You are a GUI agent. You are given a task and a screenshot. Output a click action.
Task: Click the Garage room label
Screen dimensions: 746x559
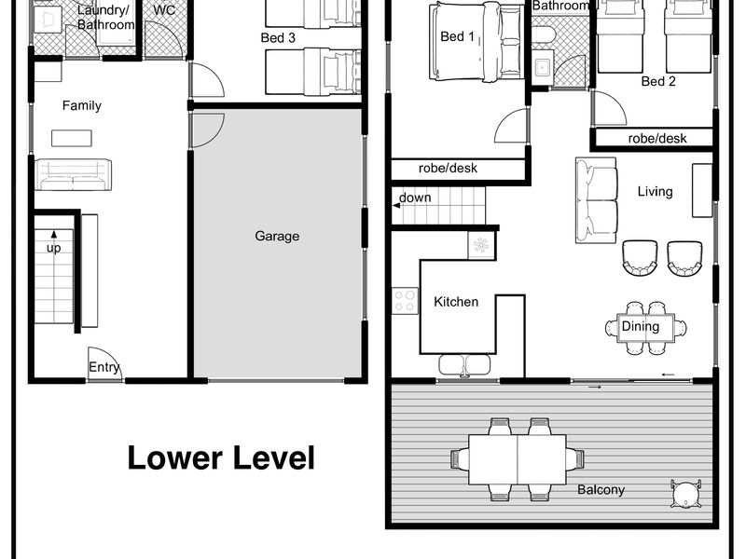tap(277, 237)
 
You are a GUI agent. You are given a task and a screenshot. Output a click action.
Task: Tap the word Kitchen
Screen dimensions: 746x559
tap(456, 302)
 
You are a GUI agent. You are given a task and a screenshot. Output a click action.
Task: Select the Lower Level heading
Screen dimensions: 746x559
tap(221, 457)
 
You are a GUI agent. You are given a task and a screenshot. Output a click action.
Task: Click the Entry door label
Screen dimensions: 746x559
tap(104, 367)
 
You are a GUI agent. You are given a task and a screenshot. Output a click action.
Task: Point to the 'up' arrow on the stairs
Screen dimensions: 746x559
tap(54, 234)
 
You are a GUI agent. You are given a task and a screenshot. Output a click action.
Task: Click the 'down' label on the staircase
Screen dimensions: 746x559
tap(415, 198)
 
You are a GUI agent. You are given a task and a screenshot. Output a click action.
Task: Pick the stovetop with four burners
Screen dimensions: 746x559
tap(405, 301)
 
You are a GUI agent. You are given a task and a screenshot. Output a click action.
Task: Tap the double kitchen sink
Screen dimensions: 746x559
tap(464, 365)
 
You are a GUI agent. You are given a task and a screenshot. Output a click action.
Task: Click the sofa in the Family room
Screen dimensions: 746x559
tap(74, 175)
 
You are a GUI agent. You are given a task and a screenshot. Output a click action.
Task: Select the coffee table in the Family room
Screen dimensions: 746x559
tap(72, 138)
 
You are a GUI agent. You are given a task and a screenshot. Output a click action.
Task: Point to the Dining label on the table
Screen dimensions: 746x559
tap(641, 327)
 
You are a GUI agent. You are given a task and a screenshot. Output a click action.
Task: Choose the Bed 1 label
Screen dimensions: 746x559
tap(457, 36)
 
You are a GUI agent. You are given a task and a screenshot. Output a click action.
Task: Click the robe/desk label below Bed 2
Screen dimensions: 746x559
tap(657, 138)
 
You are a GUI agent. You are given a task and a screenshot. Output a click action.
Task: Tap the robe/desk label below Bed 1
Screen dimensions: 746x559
tap(448, 169)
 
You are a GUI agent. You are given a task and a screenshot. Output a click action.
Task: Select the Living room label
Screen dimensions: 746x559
tap(656, 192)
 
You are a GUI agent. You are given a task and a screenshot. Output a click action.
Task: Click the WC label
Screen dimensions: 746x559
tap(164, 10)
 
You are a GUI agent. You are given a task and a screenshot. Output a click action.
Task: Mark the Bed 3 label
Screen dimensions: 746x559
tap(278, 38)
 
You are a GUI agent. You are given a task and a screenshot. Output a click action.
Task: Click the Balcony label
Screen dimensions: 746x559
tap(601, 490)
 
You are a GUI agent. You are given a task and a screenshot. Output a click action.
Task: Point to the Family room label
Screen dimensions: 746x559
tap(82, 105)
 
